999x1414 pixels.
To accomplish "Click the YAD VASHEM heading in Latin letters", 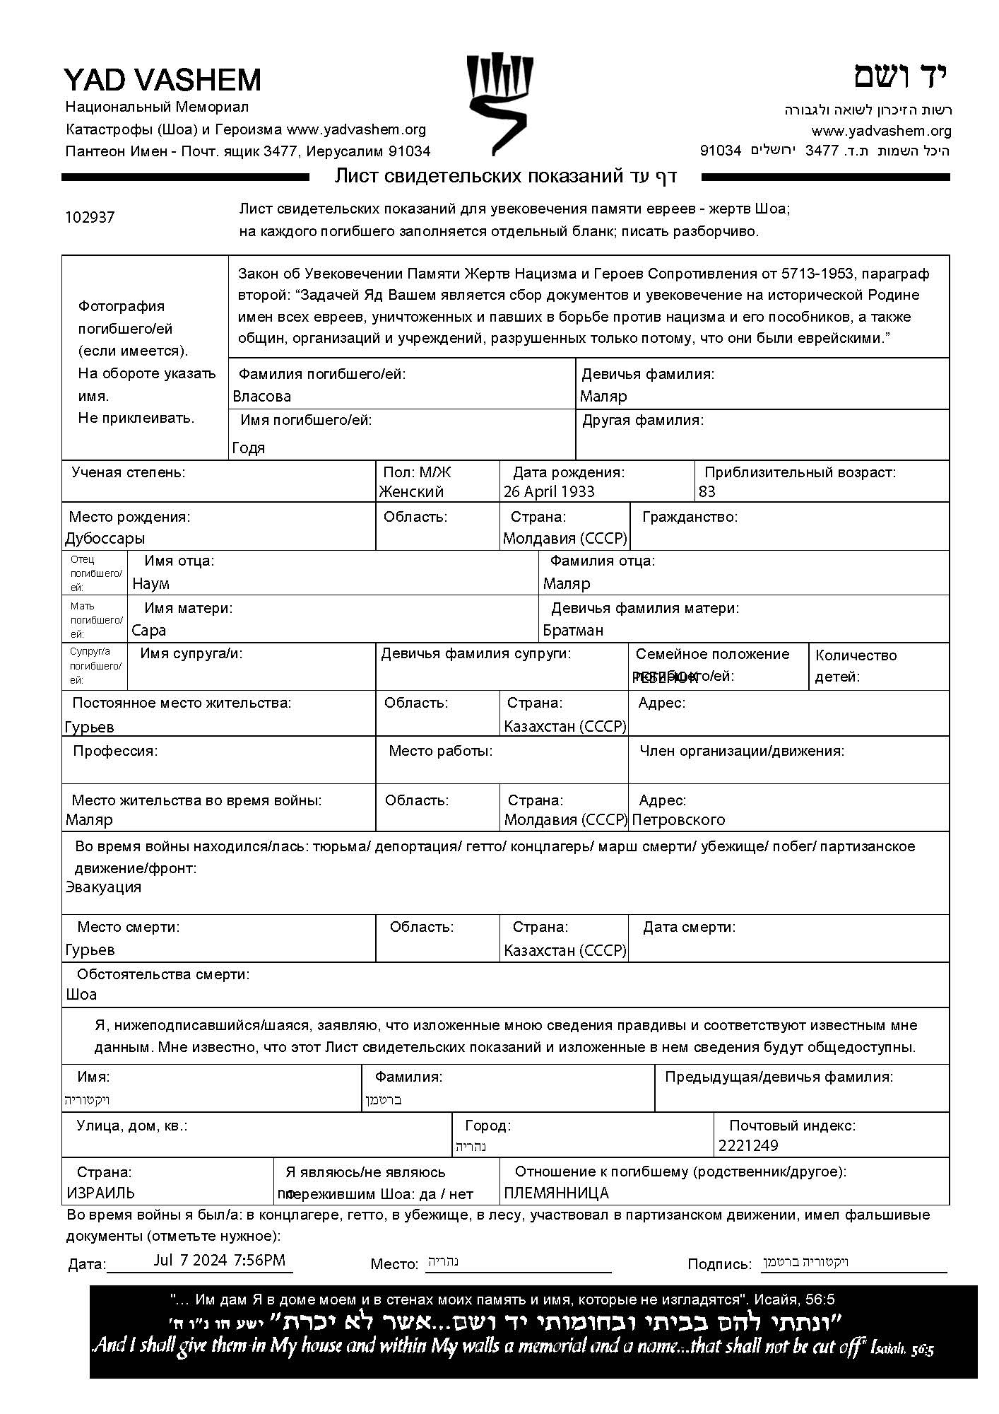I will (x=162, y=80).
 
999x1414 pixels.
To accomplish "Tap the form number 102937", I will (x=90, y=218).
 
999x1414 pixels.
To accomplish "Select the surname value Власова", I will (x=261, y=397).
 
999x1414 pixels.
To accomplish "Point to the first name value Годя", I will (x=248, y=448).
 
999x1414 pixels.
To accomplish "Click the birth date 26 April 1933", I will (x=549, y=491).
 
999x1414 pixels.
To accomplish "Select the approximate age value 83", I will (x=707, y=491).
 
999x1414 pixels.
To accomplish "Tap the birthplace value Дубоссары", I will (x=105, y=539).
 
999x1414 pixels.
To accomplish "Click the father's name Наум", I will (x=150, y=584).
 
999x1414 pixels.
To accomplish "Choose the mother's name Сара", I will (x=148, y=631).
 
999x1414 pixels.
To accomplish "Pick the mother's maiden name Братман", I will (x=573, y=631).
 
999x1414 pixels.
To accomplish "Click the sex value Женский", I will (x=411, y=491).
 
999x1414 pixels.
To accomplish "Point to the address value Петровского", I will (x=678, y=820).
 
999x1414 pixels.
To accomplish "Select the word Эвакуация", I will (x=103, y=887).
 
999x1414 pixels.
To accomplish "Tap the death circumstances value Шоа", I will (x=81, y=995).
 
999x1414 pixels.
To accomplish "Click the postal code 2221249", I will (x=748, y=1146).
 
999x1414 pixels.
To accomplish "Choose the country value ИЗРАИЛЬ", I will (x=100, y=1193).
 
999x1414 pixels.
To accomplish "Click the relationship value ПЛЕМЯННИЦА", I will (x=556, y=1193).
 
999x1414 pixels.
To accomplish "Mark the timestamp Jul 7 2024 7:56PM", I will (x=220, y=1260).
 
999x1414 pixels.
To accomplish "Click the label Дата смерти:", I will (x=689, y=927).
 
